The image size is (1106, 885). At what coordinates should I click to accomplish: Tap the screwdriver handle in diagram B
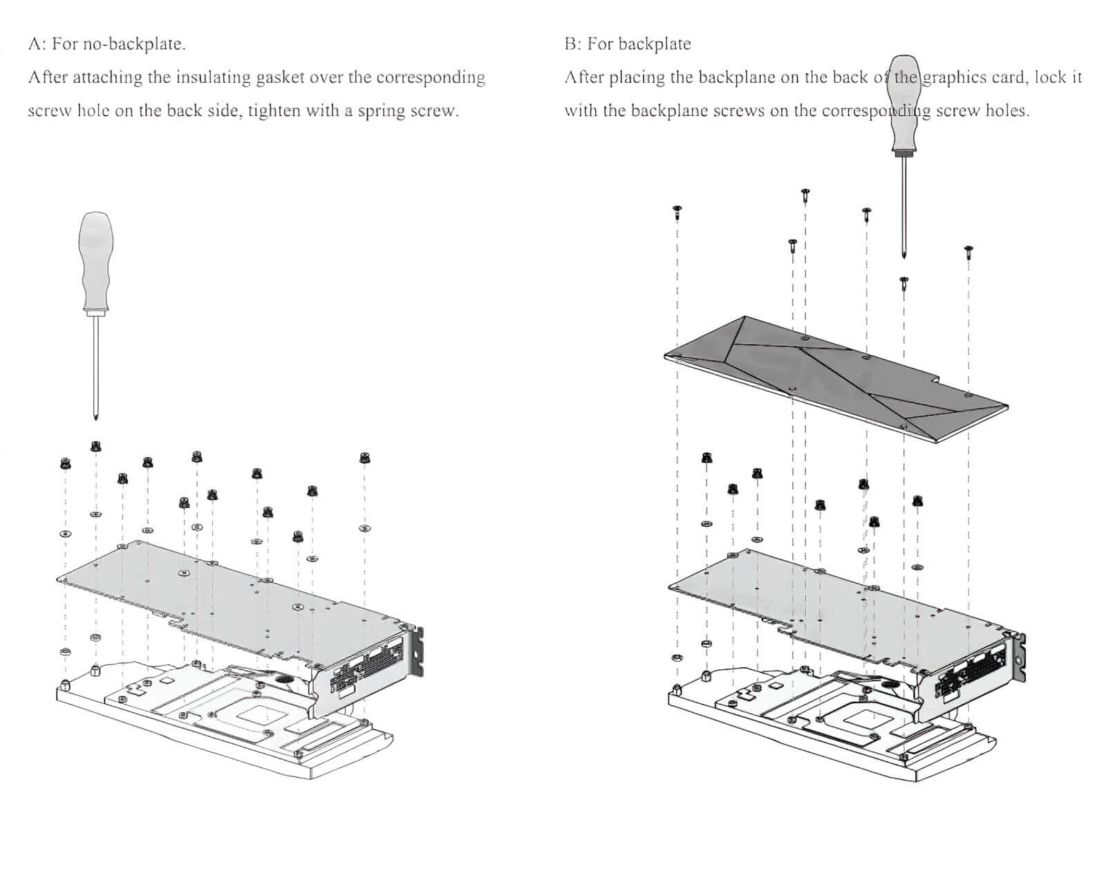pyautogui.click(x=904, y=104)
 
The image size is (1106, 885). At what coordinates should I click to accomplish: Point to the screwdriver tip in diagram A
pyautogui.click(x=95, y=417)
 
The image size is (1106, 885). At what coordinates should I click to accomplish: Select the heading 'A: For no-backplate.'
pyautogui.click(x=106, y=44)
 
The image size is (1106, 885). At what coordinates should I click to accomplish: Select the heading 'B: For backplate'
pyautogui.click(x=628, y=44)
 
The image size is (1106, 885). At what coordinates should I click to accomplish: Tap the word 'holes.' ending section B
pyautogui.click(x=1008, y=111)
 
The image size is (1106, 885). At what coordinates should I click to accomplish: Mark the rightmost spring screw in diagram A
pyautogui.click(x=364, y=458)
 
